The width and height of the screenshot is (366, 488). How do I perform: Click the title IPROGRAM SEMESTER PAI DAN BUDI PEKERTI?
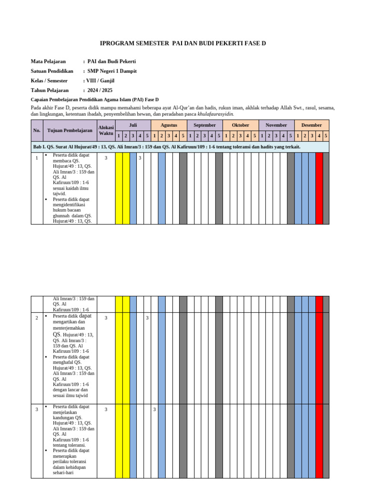(x=183, y=43)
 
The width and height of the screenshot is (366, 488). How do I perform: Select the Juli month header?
(x=133, y=125)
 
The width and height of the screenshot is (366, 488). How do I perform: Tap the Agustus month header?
(x=169, y=125)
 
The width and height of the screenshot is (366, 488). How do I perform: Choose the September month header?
(x=204, y=125)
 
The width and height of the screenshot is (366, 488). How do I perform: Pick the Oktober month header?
(x=240, y=125)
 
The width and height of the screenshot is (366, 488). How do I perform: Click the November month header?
(x=276, y=125)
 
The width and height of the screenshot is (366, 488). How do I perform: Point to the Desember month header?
(x=312, y=125)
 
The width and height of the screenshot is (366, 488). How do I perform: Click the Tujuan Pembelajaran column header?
(x=70, y=130)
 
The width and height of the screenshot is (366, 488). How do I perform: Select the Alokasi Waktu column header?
(x=106, y=130)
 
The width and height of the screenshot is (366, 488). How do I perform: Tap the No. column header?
(x=37, y=130)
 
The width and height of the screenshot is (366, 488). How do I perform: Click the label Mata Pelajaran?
(x=48, y=61)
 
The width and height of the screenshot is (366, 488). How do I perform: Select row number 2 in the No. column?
(x=37, y=318)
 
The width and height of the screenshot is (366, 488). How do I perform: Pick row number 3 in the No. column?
(x=37, y=409)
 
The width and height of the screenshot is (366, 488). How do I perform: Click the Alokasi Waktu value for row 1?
(x=106, y=158)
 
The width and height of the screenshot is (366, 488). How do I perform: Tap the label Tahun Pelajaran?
(x=50, y=90)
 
